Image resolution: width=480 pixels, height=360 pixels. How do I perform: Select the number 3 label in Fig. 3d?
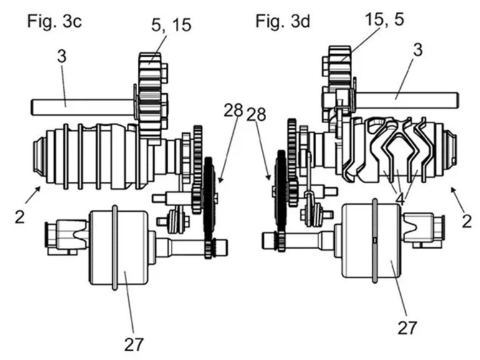click(x=417, y=51)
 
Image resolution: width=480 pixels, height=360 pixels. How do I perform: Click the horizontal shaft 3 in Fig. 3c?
click(x=81, y=107)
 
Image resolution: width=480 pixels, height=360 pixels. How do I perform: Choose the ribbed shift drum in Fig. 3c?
click(x=87, y=153)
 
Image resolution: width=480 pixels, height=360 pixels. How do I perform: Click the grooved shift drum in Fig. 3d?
click(x=399, y=149)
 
